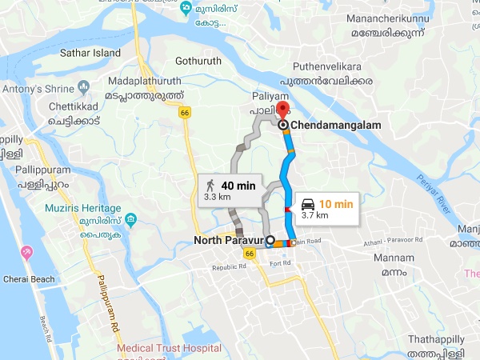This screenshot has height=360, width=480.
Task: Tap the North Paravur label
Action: (230, 239)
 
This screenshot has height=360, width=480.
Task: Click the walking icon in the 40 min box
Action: (210, 186)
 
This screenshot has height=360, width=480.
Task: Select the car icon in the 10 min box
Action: (307, 205)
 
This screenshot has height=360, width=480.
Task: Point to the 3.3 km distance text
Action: (218, 196)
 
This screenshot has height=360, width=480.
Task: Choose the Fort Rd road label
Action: (280, 263)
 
